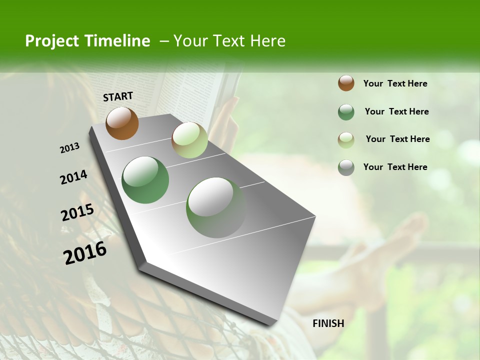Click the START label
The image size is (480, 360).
tap(118, 96)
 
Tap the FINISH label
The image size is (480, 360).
tap(328, 323)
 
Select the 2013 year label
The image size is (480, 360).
tap(70, 148)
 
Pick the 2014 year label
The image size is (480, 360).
tap(73, 177)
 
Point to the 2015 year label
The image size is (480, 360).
tap(77, 212)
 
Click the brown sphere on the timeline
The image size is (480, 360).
tap(122, 123)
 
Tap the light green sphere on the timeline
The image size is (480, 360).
tap(189, 140)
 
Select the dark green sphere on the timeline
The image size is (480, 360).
tap(145, 180)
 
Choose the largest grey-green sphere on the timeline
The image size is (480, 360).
tap(216, 207)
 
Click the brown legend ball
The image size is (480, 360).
tap(346, 83)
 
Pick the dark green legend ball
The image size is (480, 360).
tap(346, 112)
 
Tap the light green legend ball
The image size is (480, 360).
tap(346, 140)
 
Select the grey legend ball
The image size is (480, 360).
tap(346, 167)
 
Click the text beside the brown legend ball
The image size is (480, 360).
tap(395, 83)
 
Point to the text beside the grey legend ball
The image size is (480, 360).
tap(395, 167)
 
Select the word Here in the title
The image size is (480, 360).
tap(267, 41)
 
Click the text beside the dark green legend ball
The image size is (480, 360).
tap(396, 111)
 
